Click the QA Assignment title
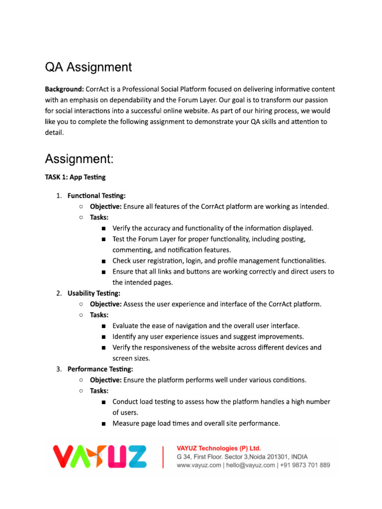89,67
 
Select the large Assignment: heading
80,159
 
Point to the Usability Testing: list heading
94,293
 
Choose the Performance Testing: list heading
100,369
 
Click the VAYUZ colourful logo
100,457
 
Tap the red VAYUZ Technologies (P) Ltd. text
219,448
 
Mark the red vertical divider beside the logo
163,457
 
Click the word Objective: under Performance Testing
105,380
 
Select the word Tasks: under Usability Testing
99,315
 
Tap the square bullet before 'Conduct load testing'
103,402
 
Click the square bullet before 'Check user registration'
103,261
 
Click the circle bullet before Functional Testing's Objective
81,206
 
